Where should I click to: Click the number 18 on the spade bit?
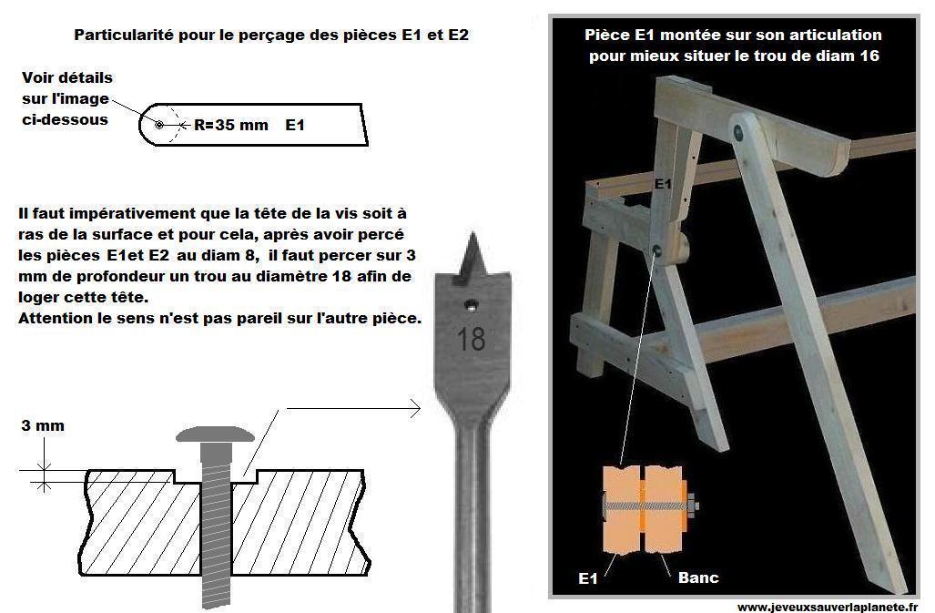tap(471, 339)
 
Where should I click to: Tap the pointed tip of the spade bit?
tap(473, 233)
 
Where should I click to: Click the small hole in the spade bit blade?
tap(471, 306)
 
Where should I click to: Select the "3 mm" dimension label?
tap(43, 425)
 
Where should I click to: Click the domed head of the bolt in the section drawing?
tap(215, 434)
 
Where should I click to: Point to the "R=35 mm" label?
tap(231, 125)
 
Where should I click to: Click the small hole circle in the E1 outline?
tap(159, 125)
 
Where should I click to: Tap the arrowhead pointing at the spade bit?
tap(415, 408)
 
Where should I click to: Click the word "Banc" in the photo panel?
tap(698, 577)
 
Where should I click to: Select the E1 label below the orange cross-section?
tap(588, 577)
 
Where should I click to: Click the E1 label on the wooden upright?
tap(663, 184)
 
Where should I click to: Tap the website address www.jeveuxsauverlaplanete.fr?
tap(828, 607)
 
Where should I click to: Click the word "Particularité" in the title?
tap(124, 35)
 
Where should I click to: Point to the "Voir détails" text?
tap(67, 77)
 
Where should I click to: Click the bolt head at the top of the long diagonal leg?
tap(739, 131)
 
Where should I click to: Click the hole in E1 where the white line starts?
tap(656, 250)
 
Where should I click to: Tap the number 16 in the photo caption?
tap(869, 56)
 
